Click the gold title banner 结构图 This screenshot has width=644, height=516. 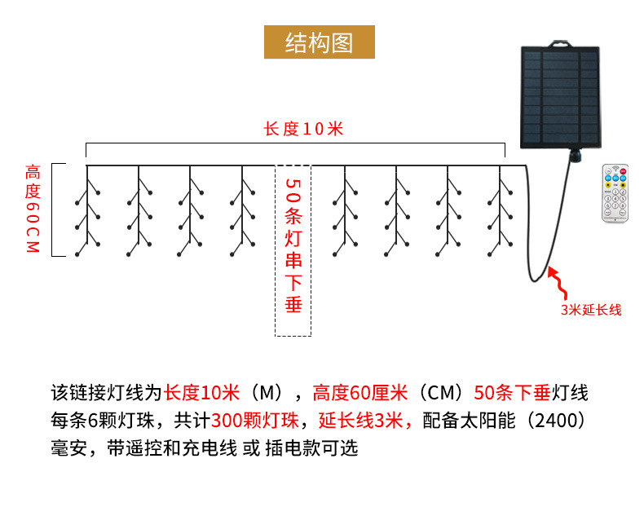click(x=319, y=42)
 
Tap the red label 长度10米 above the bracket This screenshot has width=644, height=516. click(x=303, y=129)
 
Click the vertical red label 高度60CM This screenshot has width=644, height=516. click(x=33, y=209)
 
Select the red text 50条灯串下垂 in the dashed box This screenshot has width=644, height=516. click(x=293, y=245)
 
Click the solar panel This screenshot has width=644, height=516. click(x=561, y=97)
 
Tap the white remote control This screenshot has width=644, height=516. click(x=615, y=193)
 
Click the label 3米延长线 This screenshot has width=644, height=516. click(x=591, y=310)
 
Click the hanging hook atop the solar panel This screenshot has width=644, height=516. click(x=561, y=43)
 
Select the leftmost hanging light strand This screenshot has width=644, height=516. click(x=87, y=211)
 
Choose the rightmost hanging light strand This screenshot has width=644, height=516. click(x=500, y=211)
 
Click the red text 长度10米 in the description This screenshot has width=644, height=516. click(x=201, y=393)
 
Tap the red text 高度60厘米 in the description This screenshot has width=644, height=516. click(x=360, y=393)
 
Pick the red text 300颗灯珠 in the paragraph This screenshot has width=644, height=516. click(x=255, y=421)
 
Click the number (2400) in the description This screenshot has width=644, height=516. click(x=556, y=421)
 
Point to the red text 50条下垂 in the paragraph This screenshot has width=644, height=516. click(x=512, y=393)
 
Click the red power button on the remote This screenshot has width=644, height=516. click(x=623, y=171)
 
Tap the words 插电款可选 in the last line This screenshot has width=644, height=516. click(x=311, y=448)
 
